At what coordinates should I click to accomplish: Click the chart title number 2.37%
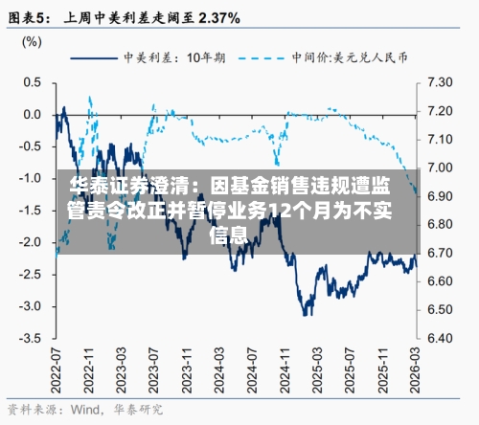tap(216, 17)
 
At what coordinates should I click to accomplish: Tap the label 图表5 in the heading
tap(30, 17)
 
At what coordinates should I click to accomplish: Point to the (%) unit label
tap(32, 41)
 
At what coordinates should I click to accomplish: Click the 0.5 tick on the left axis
tap(32, 82)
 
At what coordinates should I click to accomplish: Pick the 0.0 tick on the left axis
tap(32, 115)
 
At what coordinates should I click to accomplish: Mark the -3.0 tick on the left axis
tap(30, 306)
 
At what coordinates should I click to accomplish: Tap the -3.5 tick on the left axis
tap(30, 338)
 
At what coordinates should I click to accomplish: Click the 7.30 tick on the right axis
tap(439, 82)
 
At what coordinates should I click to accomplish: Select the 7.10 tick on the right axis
tap(439, 139)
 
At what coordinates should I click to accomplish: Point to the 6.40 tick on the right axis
tap(439, 338)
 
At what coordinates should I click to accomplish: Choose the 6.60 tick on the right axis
tap(439, 281)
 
